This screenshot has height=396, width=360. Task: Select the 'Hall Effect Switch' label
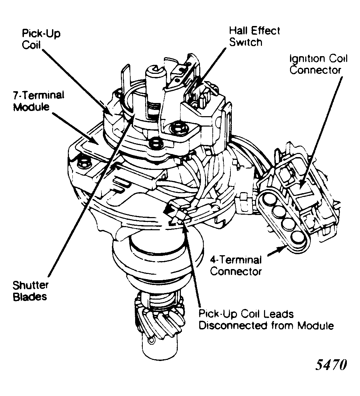click(x=254, y=36)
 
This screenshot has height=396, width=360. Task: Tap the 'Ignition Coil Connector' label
click(x=318, y=64)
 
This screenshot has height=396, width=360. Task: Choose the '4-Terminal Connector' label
click(x=236, y=265)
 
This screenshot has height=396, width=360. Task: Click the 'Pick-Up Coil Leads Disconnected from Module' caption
click(x=266, y=320)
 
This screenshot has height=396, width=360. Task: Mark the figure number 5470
click(x=331, y=366)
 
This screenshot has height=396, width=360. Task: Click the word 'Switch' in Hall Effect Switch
click(x=246, y=42)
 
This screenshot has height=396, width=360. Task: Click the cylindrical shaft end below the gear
click(x=159, y=354)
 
